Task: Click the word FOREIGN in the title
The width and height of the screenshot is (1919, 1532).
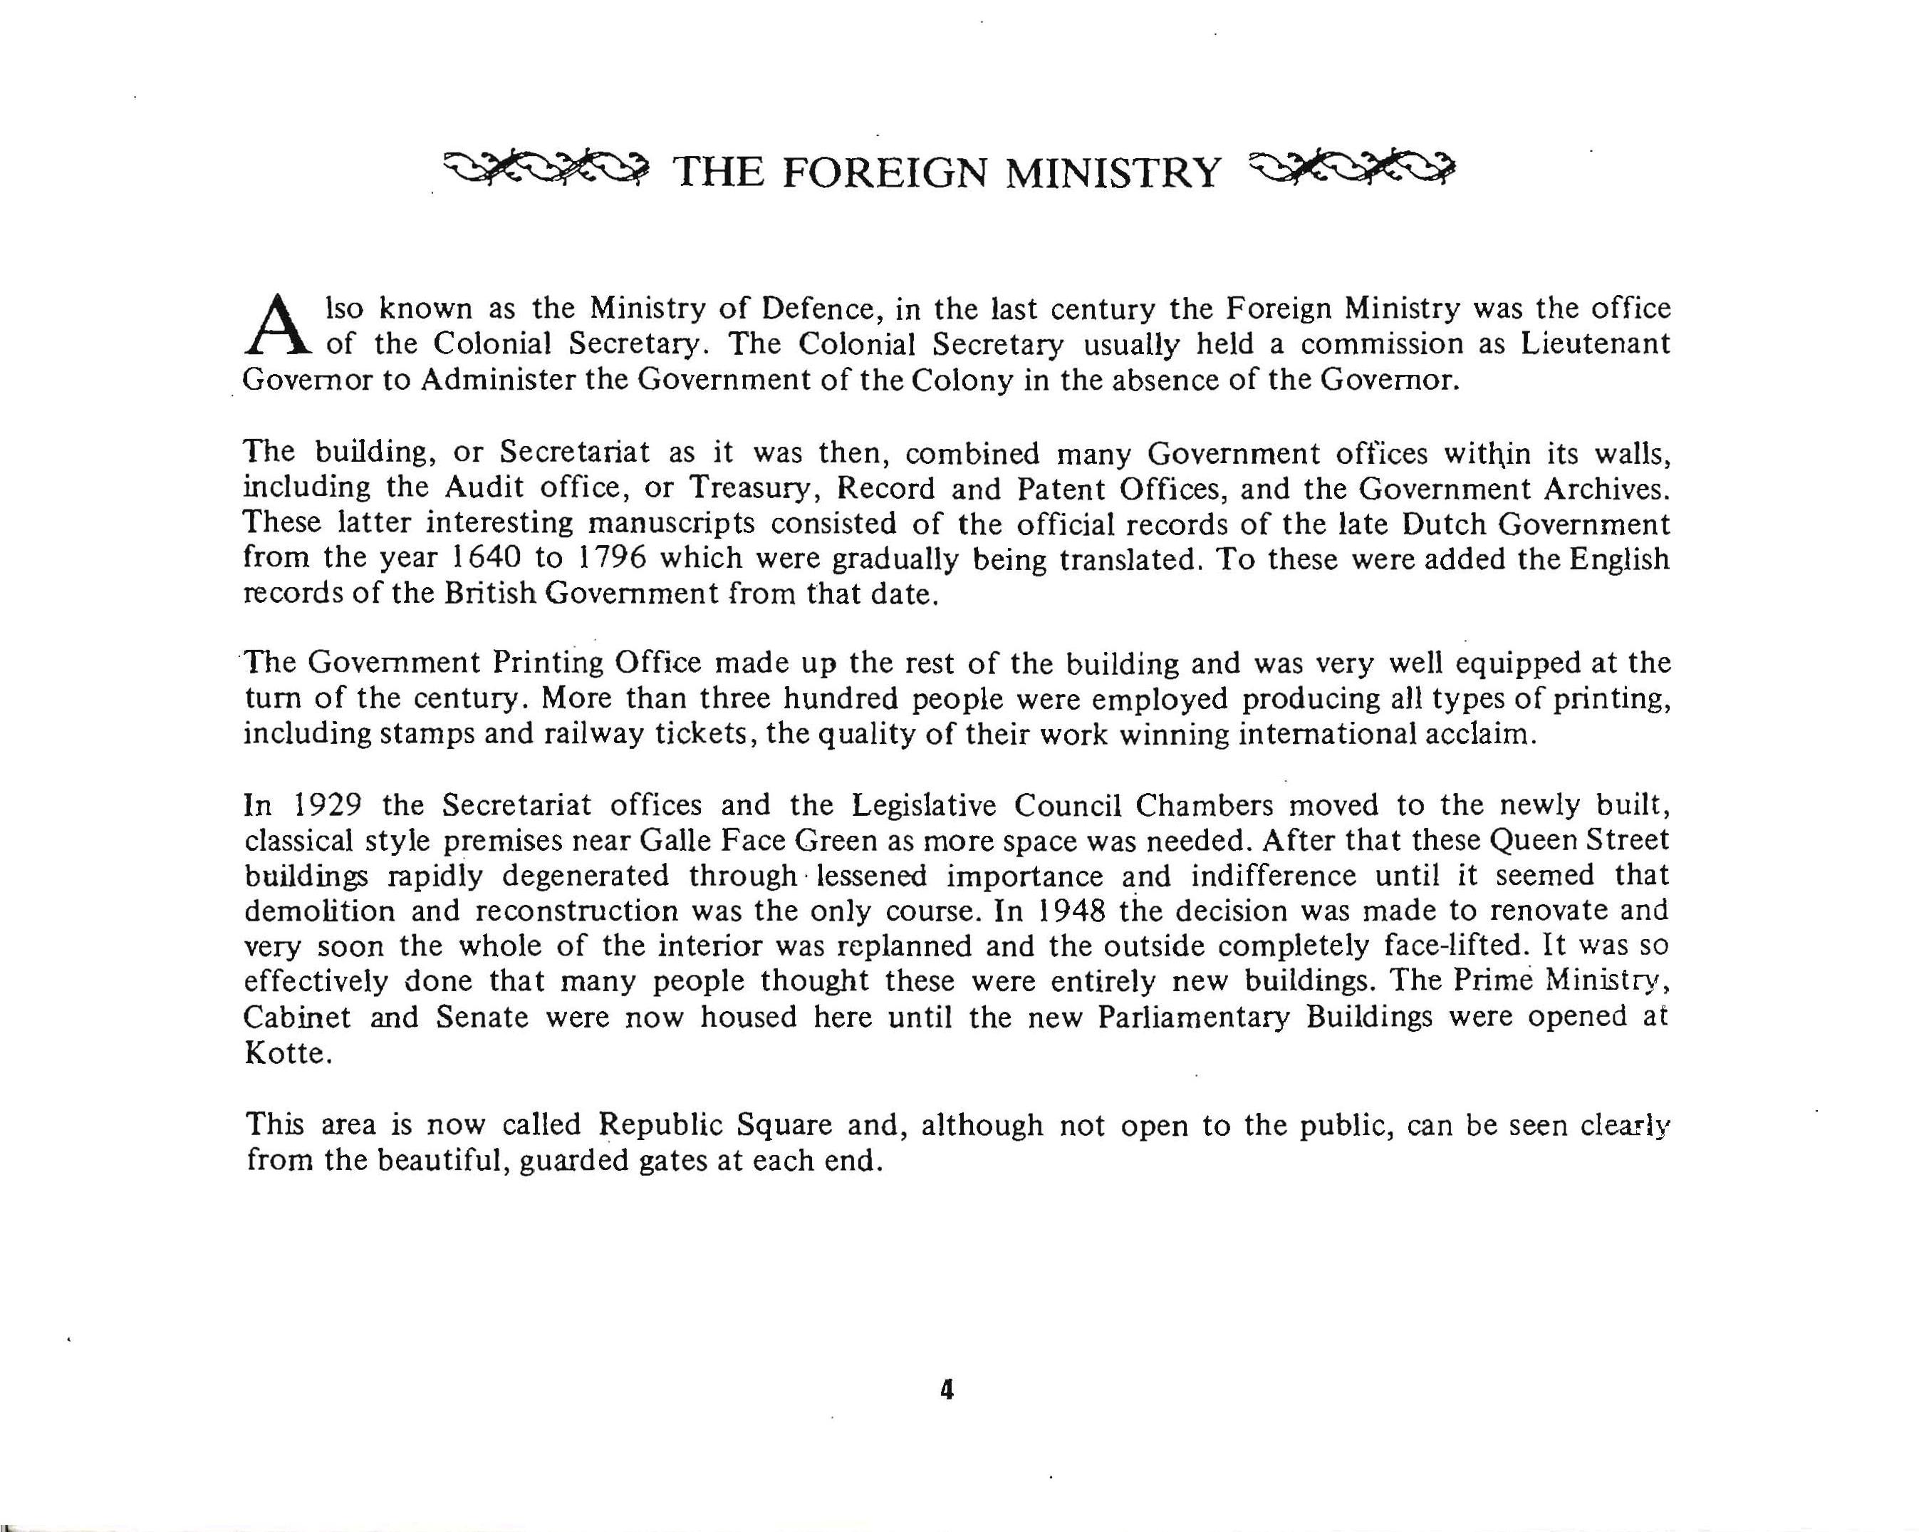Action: coord(885,172)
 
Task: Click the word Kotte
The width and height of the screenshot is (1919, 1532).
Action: coord(283,1052)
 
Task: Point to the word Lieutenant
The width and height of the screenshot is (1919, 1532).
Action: coord(1594,343)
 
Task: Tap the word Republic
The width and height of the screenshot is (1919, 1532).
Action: coord(660,1124)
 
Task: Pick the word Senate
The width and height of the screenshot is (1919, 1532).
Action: coord(482,1017)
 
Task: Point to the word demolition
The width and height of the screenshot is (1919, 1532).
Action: coord(320,911)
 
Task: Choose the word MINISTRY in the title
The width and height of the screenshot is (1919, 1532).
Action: coord(1113,172)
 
